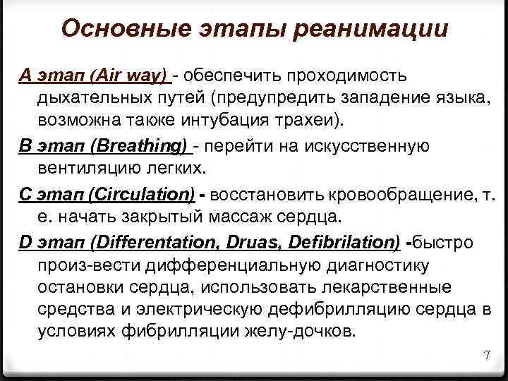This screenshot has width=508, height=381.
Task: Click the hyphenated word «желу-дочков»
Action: [x=297, y=332]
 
